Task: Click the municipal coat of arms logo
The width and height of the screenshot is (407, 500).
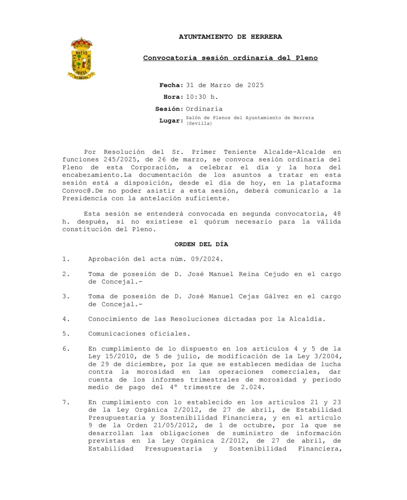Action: [81, 58]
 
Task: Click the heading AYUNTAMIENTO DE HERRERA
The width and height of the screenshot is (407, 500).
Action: [230, 37]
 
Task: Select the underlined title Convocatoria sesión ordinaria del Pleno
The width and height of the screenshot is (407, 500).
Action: [230, 58]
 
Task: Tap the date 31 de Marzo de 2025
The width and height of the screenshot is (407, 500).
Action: [225, 85]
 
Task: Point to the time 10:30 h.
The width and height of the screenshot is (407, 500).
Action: [202, 97]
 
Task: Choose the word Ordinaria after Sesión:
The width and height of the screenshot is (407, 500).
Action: [204, 109]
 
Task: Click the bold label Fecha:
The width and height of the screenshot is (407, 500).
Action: [171, 85]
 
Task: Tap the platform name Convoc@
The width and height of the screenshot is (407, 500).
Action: [77, 191]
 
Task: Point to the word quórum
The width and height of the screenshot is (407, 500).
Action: [216, 222]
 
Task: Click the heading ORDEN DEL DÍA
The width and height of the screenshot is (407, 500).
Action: [201, 244]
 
